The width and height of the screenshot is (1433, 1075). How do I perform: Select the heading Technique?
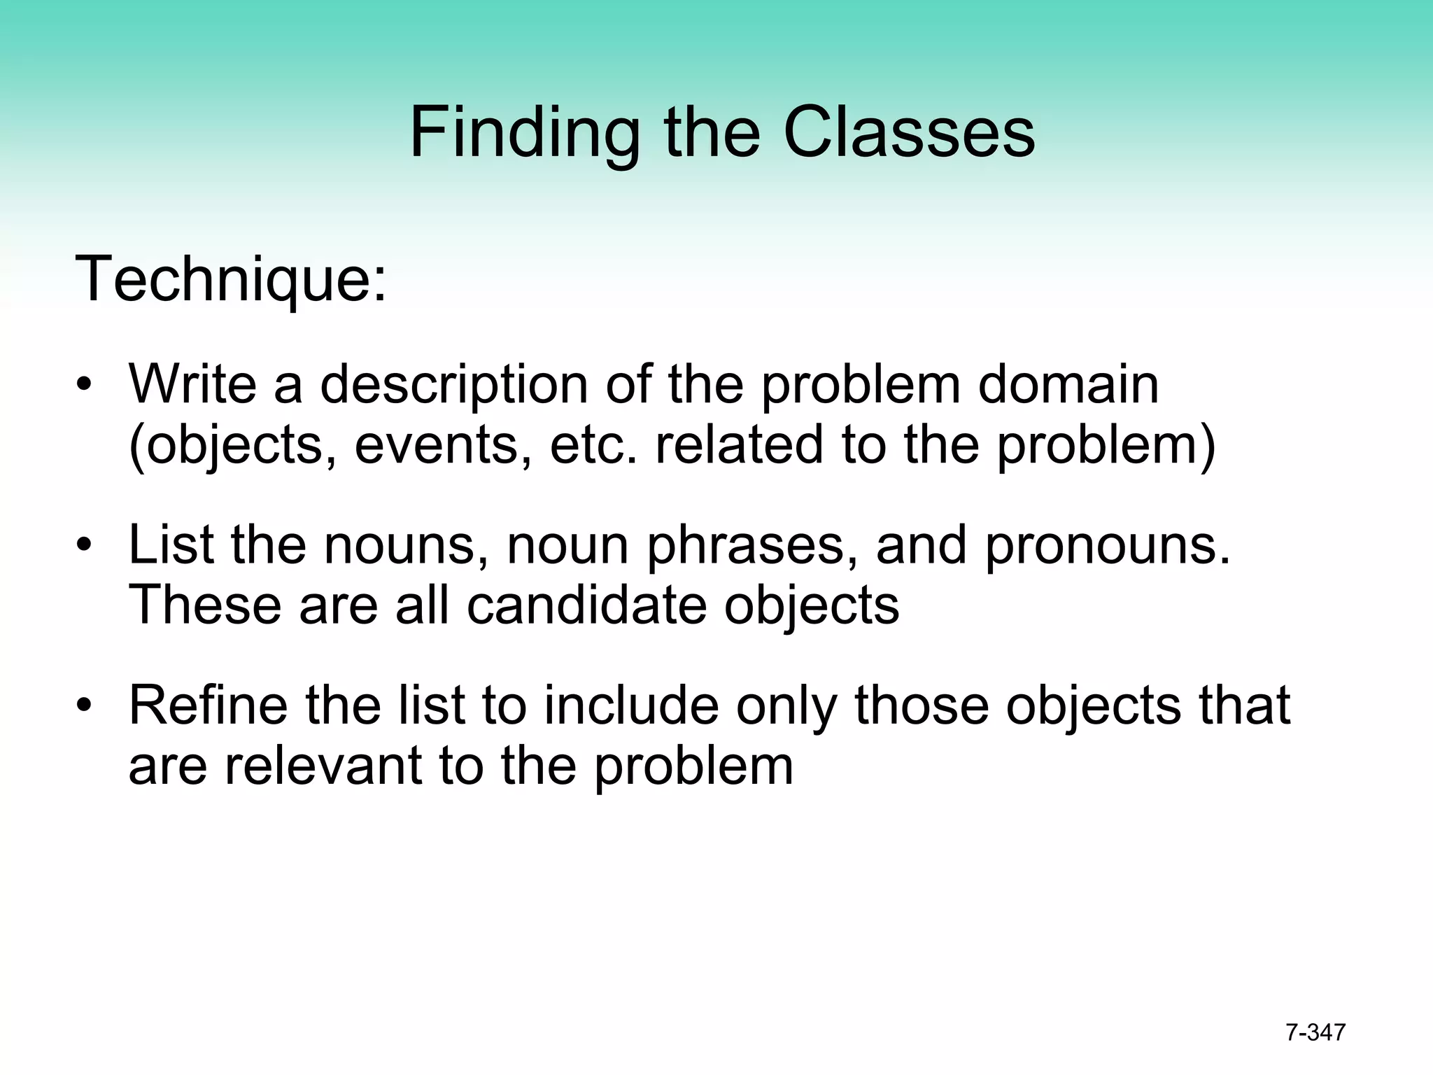pyautogui.click(x=230, y=279)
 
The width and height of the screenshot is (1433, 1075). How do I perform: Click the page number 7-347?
pyautogui.click(x=1315, y=1032)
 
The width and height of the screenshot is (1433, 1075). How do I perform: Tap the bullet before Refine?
pyautogui.click(x=84, y=705)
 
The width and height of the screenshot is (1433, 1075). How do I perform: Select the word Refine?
pyautogui.click(x=208, y=705)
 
